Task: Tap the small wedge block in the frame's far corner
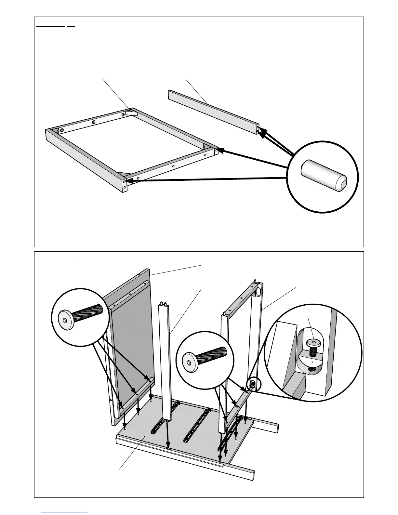pyautogui.click(x=132, y=113)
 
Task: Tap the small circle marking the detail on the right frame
pyautogui.click(x=254, y=384)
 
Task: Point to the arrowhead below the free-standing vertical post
pyautogui.click(x=168, y=446)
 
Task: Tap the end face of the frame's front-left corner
pyautogui.click(x=125, y=186)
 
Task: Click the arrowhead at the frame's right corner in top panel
pyautogui.click(x=220, y=151)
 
